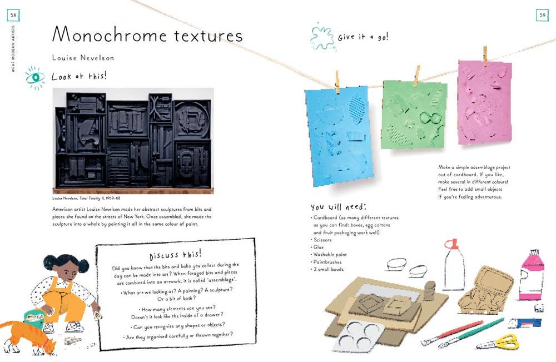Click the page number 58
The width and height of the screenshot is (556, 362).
tap(13, 15)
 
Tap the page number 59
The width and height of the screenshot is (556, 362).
tap(542, 15)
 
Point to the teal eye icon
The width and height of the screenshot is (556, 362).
tap(35, 78)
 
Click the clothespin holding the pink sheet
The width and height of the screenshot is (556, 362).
tap(485, 55)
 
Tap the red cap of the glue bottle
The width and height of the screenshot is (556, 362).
tap(451, 244)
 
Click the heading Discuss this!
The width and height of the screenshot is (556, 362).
tap(175, 255)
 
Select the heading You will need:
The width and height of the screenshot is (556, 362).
tap(337, 207)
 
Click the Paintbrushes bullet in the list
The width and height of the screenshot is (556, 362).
tap(327, 262)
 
